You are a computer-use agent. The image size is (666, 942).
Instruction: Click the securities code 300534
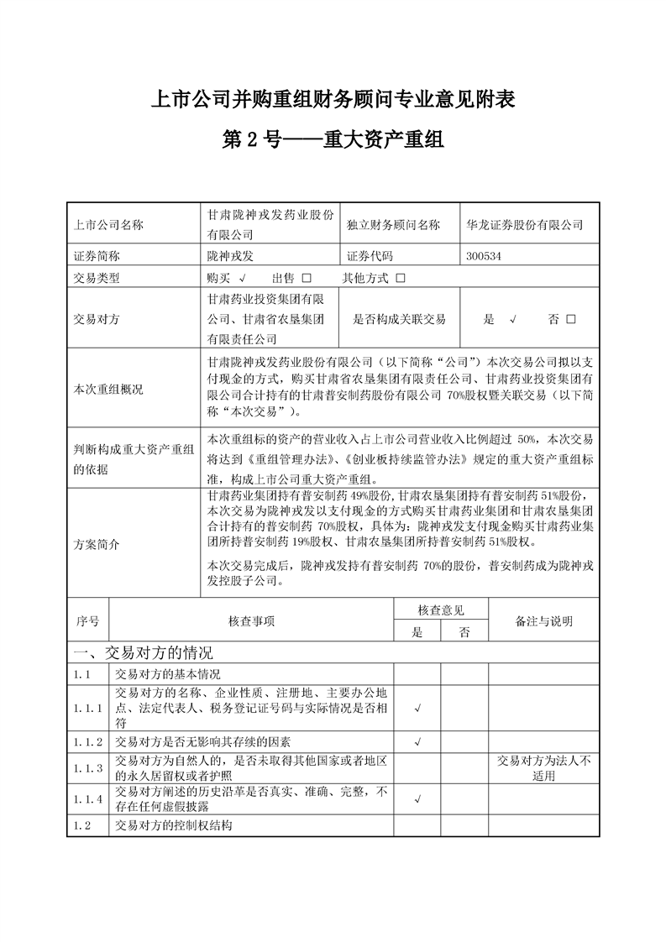pyautogui.click(x=483, y=255)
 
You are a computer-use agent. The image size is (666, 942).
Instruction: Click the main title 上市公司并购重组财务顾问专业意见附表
pyautogui.click(x=332, y=100)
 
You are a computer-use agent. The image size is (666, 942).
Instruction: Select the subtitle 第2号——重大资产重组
pyautogui.click(x=332, y=139)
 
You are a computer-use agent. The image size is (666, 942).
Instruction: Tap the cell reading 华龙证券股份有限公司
pyautogui.click(x=524, y=225)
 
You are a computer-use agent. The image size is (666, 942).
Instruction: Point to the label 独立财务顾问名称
pyautogui.click(x=392, y=225)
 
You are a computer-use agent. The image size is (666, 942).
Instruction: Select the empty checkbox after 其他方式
pyautogui.click(x=401, y=278)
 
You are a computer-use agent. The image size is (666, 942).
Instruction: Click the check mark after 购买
pyautogui.click(x=242, y=278)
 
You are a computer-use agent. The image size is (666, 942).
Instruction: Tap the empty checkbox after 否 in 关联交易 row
pyautogui.click(x=571, y=319)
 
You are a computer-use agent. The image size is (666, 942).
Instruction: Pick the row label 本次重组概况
pyautogui.click(x=108, y=390)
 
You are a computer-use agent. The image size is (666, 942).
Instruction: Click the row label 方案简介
pyautogui.click(x=97, y=544)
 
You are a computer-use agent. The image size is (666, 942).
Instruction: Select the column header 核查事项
pyautogui.click(x=251, y=621)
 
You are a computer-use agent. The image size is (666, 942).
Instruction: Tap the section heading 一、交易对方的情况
pyautogui.click(x=144, y=653)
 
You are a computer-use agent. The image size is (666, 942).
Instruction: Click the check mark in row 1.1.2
pyautogui.click(x=417, y=741)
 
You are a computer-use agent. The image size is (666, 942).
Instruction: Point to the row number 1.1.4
pyautogui.click(x=87, y=800)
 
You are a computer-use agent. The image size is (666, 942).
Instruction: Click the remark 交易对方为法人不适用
pyautogui.click(x=543, y=768)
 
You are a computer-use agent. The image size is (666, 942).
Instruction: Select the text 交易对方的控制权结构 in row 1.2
pyautogui.click(x=173, y=825)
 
